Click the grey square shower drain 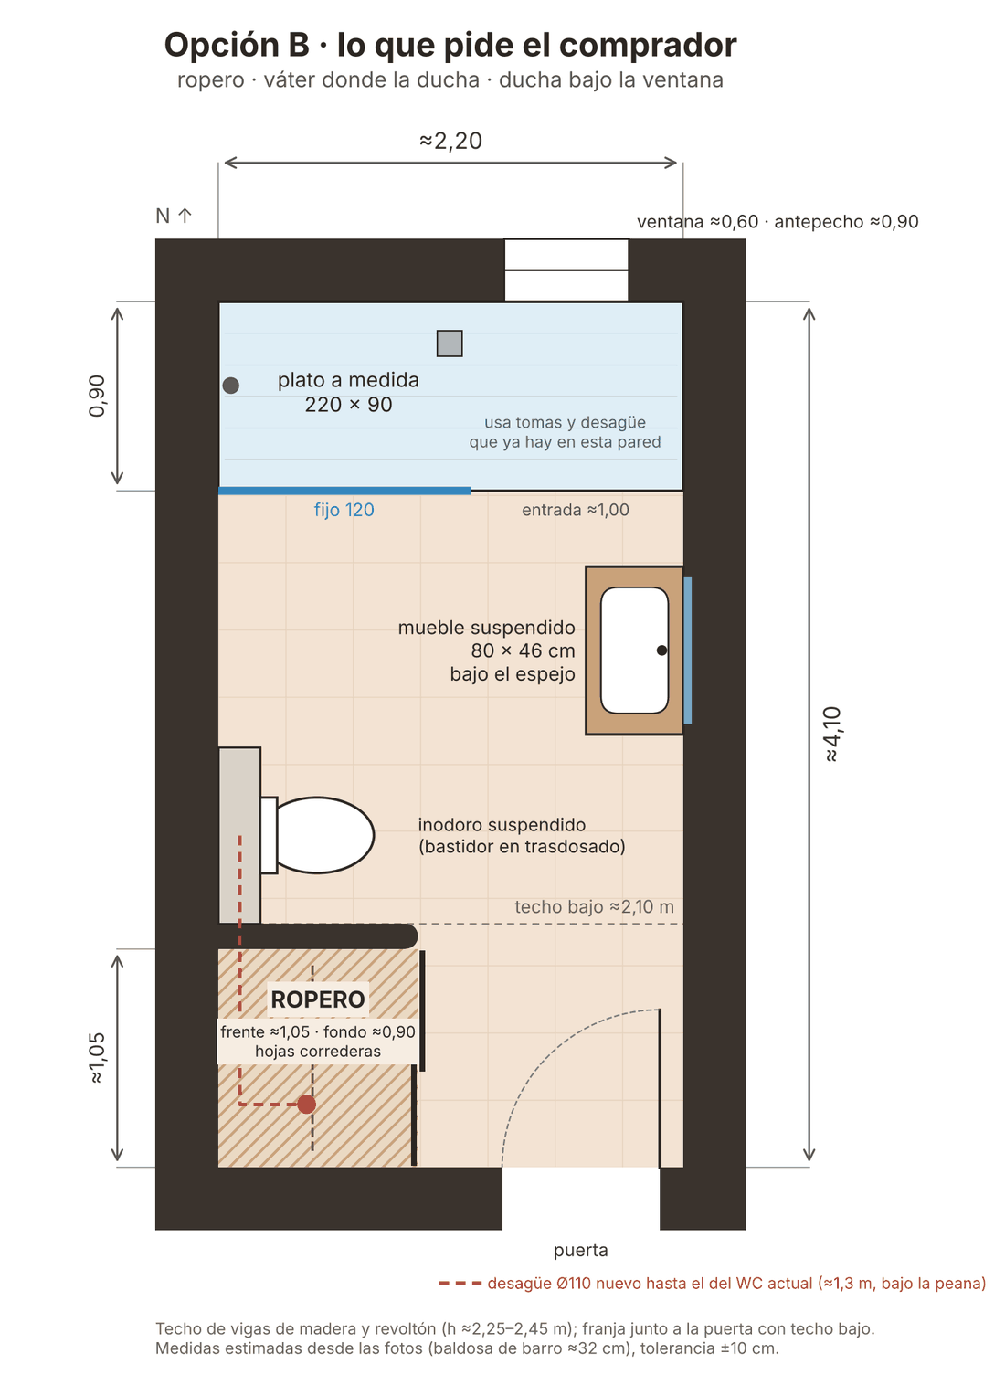click(450, 344)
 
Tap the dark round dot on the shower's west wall click(230, 386)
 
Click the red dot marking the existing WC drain click(306, 1105)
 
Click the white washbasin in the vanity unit click(634, 650)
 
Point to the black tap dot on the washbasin click(661, 650)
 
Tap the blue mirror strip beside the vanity click(687, 650)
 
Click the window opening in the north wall click(566, 270)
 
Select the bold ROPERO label click(318, 999)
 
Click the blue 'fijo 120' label click(344, 510)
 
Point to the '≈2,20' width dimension click(450, 141)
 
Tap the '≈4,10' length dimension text click(832, 734)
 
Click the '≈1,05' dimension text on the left click(97, 1058)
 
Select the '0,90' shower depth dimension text click(97, 396)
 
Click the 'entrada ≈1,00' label click(575, 510)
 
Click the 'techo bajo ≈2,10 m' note click(594, 907)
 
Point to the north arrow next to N click(185, 216)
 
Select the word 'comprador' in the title click(648, 46)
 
